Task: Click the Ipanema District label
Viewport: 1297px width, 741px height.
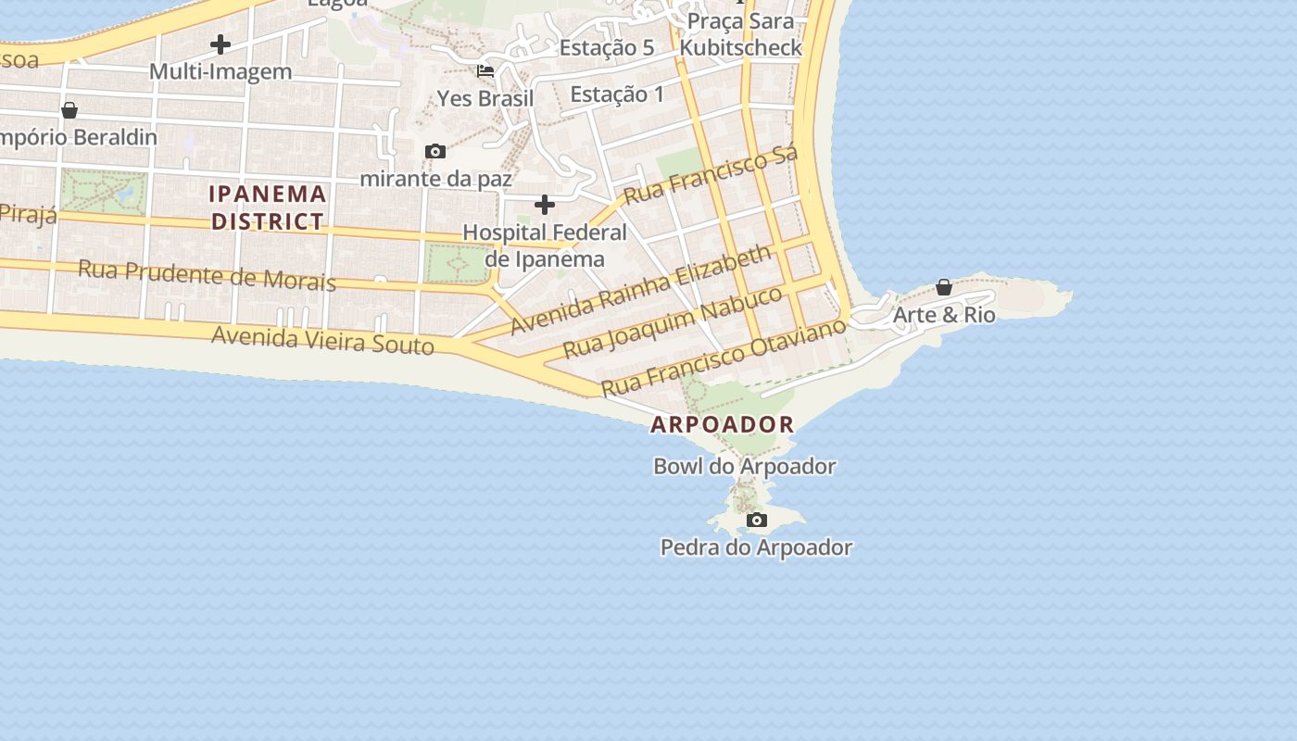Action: point(268,207)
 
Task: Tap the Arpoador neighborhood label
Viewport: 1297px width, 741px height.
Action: point(723,425)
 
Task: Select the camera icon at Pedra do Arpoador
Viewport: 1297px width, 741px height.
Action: point(757,520)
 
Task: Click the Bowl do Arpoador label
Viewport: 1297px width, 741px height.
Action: point(745,466)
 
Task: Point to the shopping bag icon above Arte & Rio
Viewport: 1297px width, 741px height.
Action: point(944,287)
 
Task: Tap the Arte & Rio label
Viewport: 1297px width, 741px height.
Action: point(944,315)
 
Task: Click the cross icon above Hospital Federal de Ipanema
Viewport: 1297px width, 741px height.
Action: point(545,204)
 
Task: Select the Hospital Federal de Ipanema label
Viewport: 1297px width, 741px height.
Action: point(545,245)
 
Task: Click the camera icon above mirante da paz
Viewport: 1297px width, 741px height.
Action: point(434,151)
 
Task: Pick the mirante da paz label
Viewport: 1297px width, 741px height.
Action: point(435,178)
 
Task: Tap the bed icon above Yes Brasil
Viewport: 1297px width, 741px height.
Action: point(485,71)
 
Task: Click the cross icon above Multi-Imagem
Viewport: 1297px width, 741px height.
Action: point(220,44)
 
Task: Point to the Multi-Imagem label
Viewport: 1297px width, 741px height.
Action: point(220,71)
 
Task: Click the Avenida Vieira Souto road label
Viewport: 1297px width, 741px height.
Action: point(322,339)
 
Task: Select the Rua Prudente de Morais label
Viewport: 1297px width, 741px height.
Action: point(207,275)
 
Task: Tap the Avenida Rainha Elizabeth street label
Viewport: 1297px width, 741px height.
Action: point(640,289)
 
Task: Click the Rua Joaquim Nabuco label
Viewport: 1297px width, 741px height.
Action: point(674,322)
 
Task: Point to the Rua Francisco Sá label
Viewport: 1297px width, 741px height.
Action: point(711,176)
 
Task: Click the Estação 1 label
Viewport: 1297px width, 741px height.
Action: point(617,94)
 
